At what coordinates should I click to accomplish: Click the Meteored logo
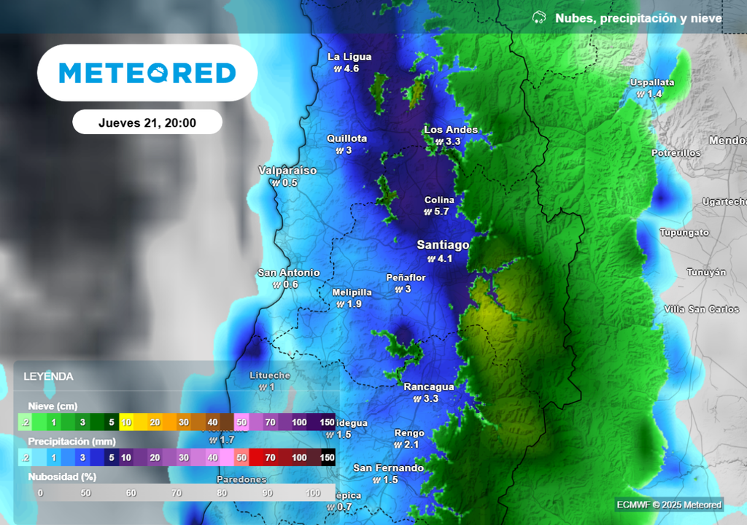point(147,73)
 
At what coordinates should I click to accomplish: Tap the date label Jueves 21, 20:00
point(147,122)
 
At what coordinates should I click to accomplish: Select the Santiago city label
point(443,244)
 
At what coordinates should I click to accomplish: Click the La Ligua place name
point(349,57)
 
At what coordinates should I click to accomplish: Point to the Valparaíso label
point(287,171)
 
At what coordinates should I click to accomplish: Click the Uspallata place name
point(652,82)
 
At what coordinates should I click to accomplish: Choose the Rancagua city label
point(429,387)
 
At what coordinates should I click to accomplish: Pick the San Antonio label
point(288,273)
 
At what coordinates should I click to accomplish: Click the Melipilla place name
point(352,292)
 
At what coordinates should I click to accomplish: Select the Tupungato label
point(684,233)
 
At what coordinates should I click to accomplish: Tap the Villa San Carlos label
point(702,309)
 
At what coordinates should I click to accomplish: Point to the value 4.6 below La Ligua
point(352,69)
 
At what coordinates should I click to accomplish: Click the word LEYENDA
point(48,377)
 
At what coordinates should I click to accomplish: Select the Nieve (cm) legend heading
point(53,406)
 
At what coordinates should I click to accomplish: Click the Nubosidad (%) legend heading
point(62,477)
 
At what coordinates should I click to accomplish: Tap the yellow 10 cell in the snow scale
point(126,422)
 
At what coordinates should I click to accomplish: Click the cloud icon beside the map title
point(539,17)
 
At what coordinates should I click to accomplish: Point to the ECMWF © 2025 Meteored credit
point(668,505)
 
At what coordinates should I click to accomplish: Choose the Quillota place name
point(347,139)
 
